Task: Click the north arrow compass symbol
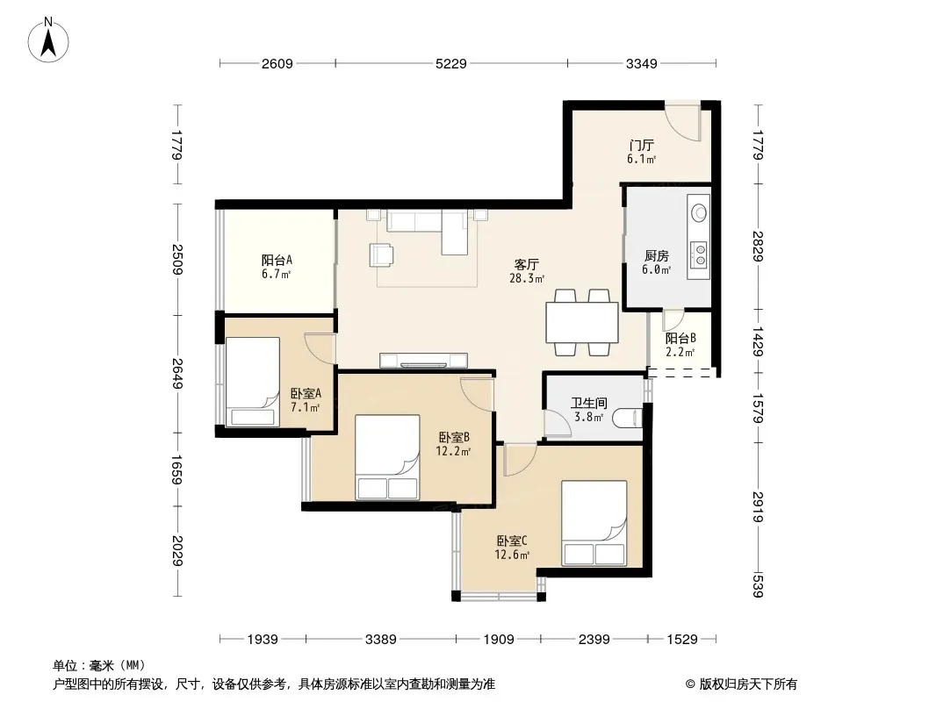(x=48, y=40)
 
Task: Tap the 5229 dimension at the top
(x=450, y=63)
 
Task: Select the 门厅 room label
(x=642, y=145)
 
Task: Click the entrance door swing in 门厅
(x=683, y=123)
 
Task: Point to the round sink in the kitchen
(x=698, y=212)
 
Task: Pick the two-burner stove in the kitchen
(x=698, y=254)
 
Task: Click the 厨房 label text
(x=657, y=256)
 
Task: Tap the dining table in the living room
(x=582, y=322)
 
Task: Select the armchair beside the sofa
(x=381, y=254)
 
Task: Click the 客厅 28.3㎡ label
(x=527, y=271)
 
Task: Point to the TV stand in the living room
(x=424, y=361)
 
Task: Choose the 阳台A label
(x=277, y=260)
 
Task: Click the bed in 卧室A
(x=253, y=382)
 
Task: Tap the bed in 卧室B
(x=387, y=457)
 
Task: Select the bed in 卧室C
(x=594, y=523)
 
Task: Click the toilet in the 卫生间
(x=628, y=417)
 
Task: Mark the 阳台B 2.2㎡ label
(x=680, y=345)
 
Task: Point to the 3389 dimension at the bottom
(x=381, y=640)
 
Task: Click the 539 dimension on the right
(x=758, y=585)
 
